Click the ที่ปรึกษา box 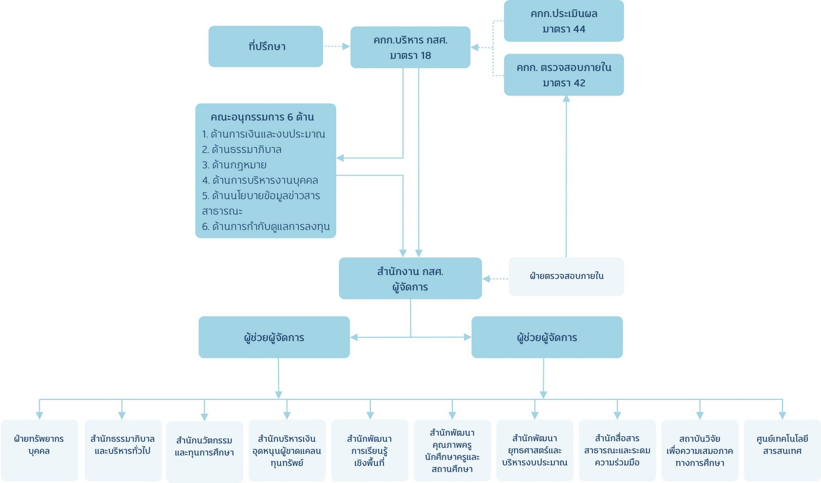tap(266, 47)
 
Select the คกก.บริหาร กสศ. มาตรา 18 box tap(410, 47)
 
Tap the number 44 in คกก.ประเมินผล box tap(579, 29)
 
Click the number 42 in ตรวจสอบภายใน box tap(579, 83)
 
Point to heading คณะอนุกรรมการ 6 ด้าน tap(262, 117)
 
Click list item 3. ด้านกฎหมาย tap(234, 165)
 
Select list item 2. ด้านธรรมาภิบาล tap(242, 149)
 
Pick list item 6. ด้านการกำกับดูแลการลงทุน tap(266, 226)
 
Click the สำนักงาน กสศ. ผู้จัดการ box tap(410, 278)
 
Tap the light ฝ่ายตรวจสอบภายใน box tap(566, 276)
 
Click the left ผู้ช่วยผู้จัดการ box tap(274, 337)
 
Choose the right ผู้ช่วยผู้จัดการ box tap(547, 337)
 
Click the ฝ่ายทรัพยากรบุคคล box tap(39, 450)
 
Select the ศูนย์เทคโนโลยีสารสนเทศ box tap(782, 450)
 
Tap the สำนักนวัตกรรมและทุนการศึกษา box tap(204, 451)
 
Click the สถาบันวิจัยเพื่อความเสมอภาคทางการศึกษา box tap(699, 450)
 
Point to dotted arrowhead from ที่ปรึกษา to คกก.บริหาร tap(346, 47)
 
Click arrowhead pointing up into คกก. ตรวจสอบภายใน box tap(566, 98)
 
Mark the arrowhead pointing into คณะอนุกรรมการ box tap(340, 158)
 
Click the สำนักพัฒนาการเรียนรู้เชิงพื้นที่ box tap(369, 450)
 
